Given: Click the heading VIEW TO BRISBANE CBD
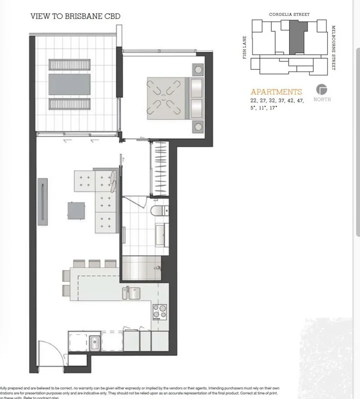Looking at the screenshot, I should [x=75, y=16].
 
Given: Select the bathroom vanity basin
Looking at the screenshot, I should [x=162, y=234].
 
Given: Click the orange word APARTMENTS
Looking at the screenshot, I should [x=276, y=92].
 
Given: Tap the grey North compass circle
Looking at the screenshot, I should [x=322, y=90].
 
